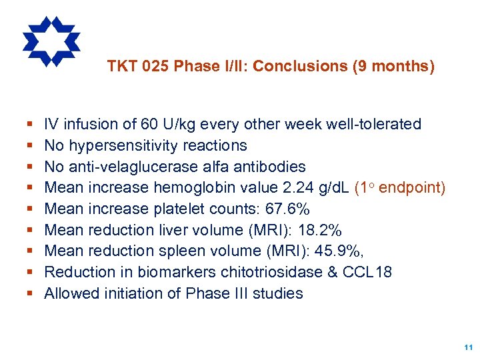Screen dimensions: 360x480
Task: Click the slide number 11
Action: click(x=467, y=347)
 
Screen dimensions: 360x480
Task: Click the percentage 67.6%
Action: click(x=287, y=209)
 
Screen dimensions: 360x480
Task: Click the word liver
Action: click(x=174, y=231)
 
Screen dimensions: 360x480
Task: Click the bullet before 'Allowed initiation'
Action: click(x=31, y=294)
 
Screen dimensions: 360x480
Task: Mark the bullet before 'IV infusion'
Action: click(x=31, y=125)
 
